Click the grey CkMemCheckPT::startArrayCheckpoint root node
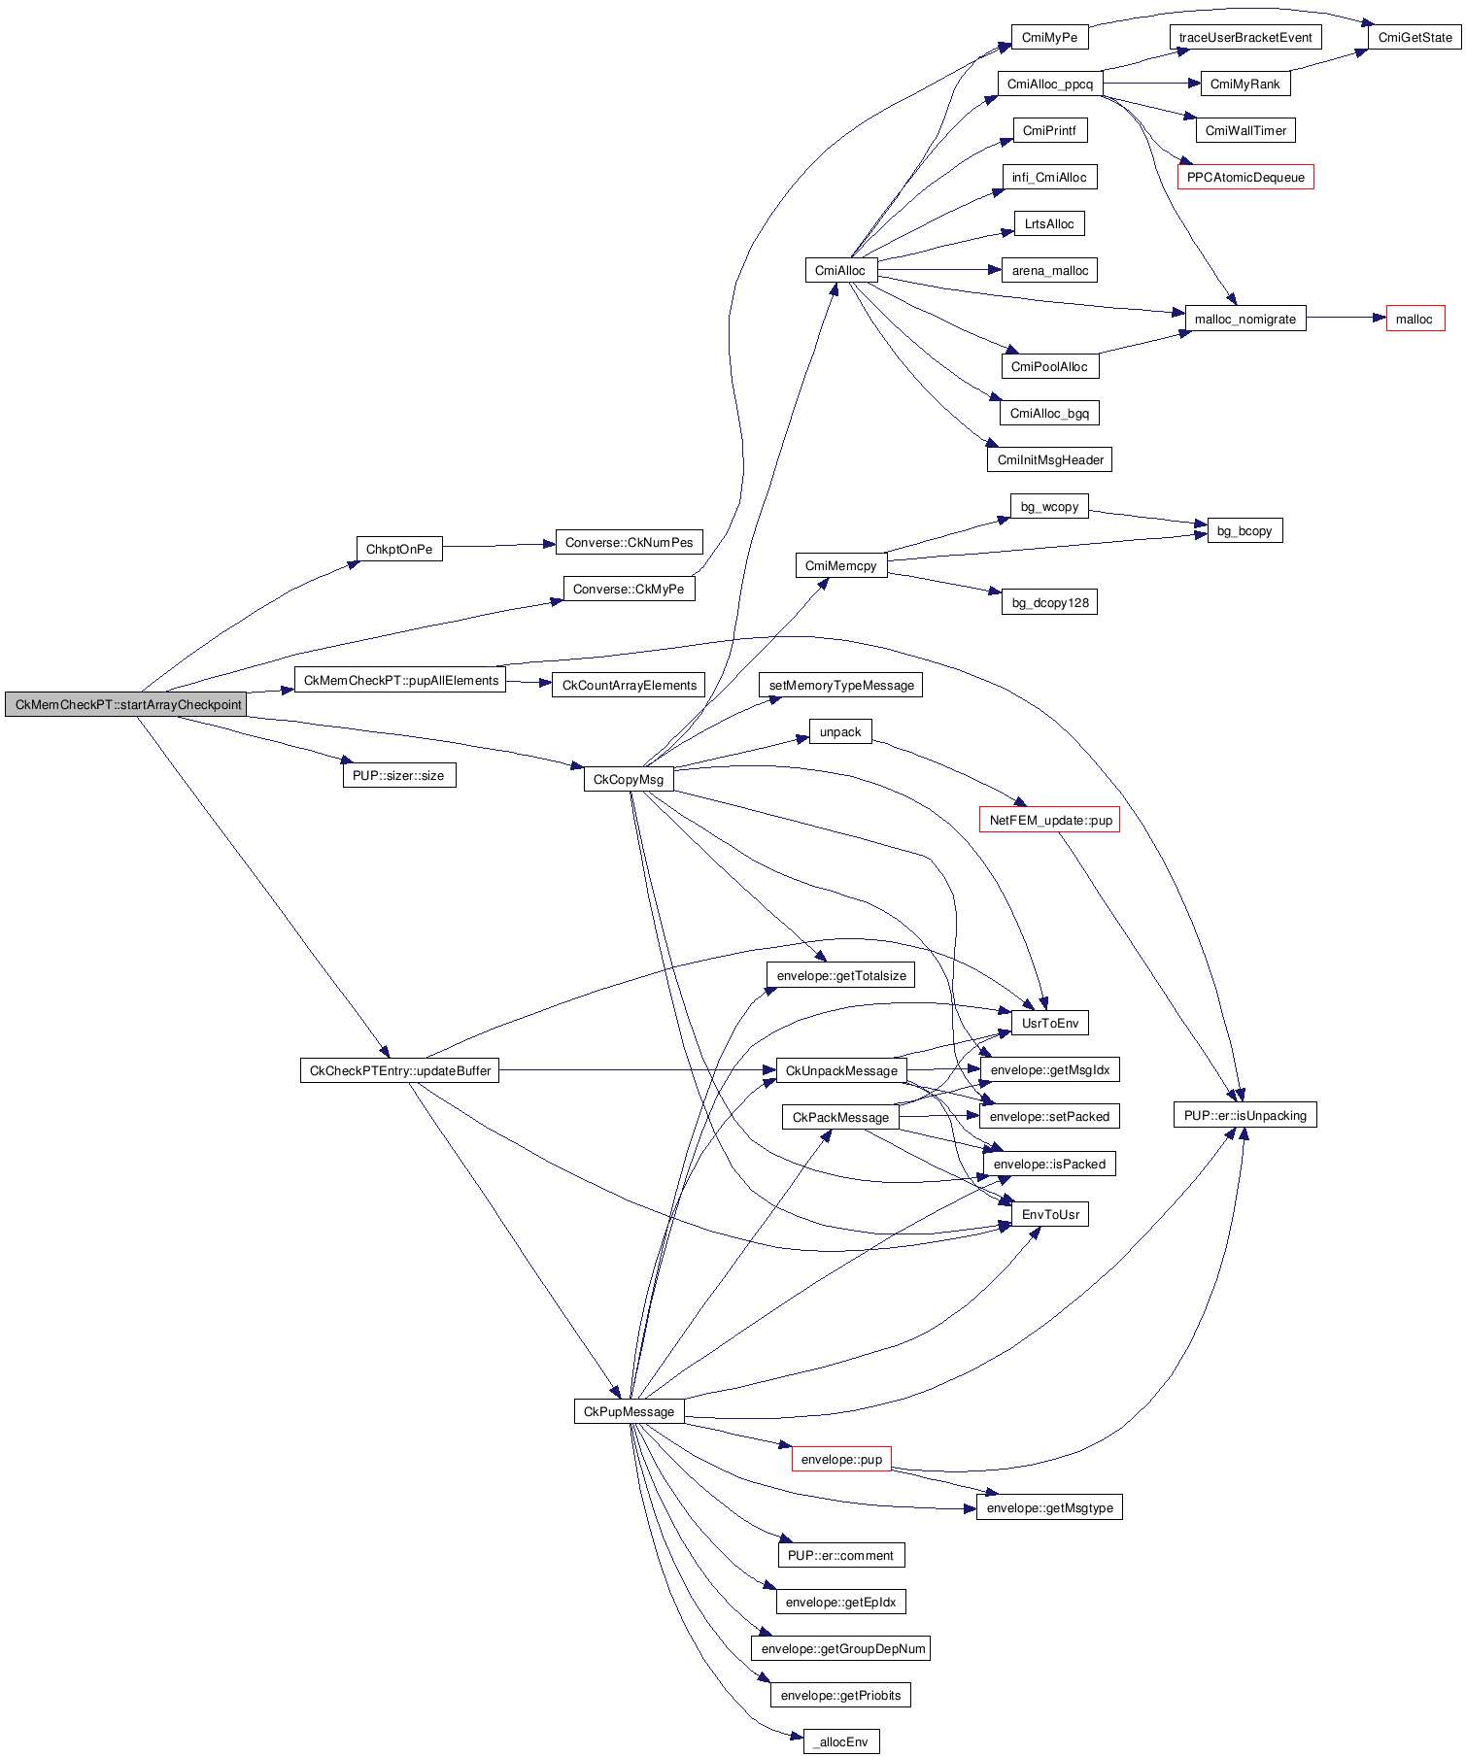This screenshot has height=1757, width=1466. click(x=125, y=704)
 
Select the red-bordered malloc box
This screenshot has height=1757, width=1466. click(x=1415, y=319)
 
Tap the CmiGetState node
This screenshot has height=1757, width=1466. click(x=1415, y=37)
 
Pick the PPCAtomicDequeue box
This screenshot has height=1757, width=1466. click(x=1244, y=177)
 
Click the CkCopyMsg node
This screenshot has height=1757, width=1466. click(x=628, y=779)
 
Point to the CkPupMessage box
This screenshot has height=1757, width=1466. click(x=629, y=1411)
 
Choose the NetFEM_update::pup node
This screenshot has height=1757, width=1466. click(x=1049, y=820)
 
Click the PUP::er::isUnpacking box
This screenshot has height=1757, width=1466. click(x=1244, y=1115)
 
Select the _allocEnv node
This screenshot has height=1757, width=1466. click(x=841, y=1741)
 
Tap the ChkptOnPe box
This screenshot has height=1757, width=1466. click(x=398, y=549)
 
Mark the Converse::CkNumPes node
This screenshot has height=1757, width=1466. click(x=629, y=542)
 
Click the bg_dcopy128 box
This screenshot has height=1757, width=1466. click(x=1049, y=602)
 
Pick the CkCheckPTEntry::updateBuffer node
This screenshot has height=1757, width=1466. click(x=399, y=1070)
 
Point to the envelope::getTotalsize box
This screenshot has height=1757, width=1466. click(x=840, y=975)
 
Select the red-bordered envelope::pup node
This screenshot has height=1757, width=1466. click(x=841, y=1459)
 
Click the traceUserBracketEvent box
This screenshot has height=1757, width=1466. click(x=1244, y=37)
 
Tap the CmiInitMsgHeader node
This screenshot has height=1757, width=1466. click(x=1049, y=459)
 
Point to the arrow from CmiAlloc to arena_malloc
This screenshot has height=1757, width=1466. click(x=938, y=270)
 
